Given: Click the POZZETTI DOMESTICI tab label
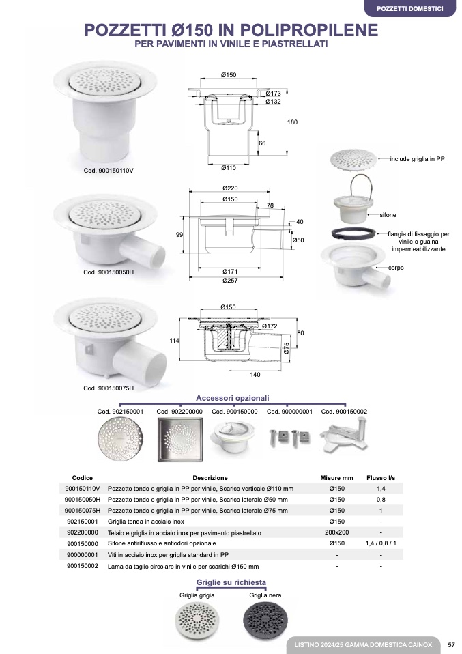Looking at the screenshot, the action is pyautogui.click(x=410, y=8).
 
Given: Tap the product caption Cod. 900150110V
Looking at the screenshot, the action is pyautogui.click(x=109, y=171).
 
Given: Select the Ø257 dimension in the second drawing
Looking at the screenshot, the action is pyautogui.click(x=230, y=281).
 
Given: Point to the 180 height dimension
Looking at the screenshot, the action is pyautogui.click(x=292, y=122).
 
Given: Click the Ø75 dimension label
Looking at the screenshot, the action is pyautogui.click(x=287, y=348).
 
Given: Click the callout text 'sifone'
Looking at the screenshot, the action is pyautogui.click(x=388, y=215).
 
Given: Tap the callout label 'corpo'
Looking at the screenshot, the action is pyautogui.click(x=396, y=268).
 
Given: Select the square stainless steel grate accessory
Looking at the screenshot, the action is pyautogui.click(x=180, y=439).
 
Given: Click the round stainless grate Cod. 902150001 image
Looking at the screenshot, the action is pyautogui.click(x=121, y=439).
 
